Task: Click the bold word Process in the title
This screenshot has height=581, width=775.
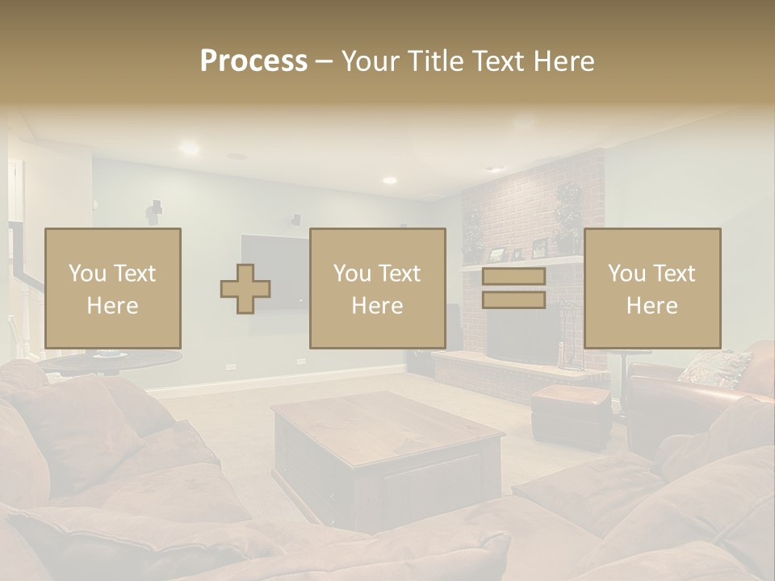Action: click(x=253, y=61)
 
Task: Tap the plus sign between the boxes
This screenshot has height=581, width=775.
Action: click(x=245, y=288)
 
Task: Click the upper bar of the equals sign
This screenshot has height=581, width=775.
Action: click(x=513, y=276)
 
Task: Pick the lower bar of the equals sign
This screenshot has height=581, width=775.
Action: click(x=513, y=300)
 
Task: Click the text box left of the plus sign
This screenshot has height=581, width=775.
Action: click(x=113, y=288)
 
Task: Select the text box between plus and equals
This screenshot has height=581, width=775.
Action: click(x=378, y=288)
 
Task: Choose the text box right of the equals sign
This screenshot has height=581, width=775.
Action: click(x=652, y=288)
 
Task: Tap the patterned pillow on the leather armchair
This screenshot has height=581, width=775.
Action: click(x=714, y=367)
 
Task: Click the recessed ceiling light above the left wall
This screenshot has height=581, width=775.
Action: click(x=189, y=148)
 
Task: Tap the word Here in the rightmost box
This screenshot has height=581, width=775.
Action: click(x=651, y=306)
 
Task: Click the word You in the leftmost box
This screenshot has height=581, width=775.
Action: click(x=86, y=274)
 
